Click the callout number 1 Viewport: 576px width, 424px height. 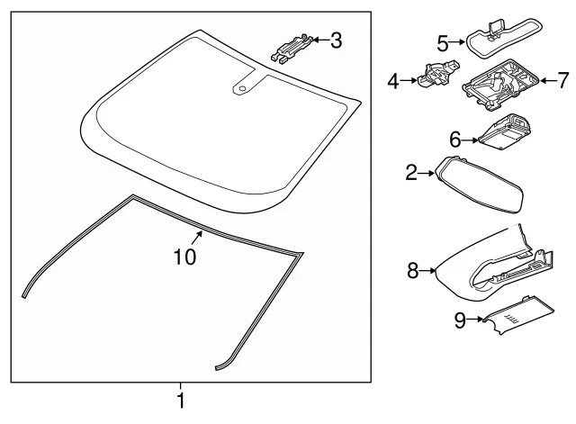click(181, 401)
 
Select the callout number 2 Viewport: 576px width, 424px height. click(411, 172)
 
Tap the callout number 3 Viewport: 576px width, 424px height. click(336, 40)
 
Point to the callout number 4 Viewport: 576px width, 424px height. click(393, 82)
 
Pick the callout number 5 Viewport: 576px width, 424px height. click(443, 42)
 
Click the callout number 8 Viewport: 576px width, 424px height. click(413, 269)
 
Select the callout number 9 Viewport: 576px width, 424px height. click(460, 320)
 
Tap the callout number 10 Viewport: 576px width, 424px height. click(184, 257)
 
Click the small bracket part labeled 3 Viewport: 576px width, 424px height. click(293, 49)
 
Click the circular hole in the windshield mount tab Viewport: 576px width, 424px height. click(243, 87)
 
